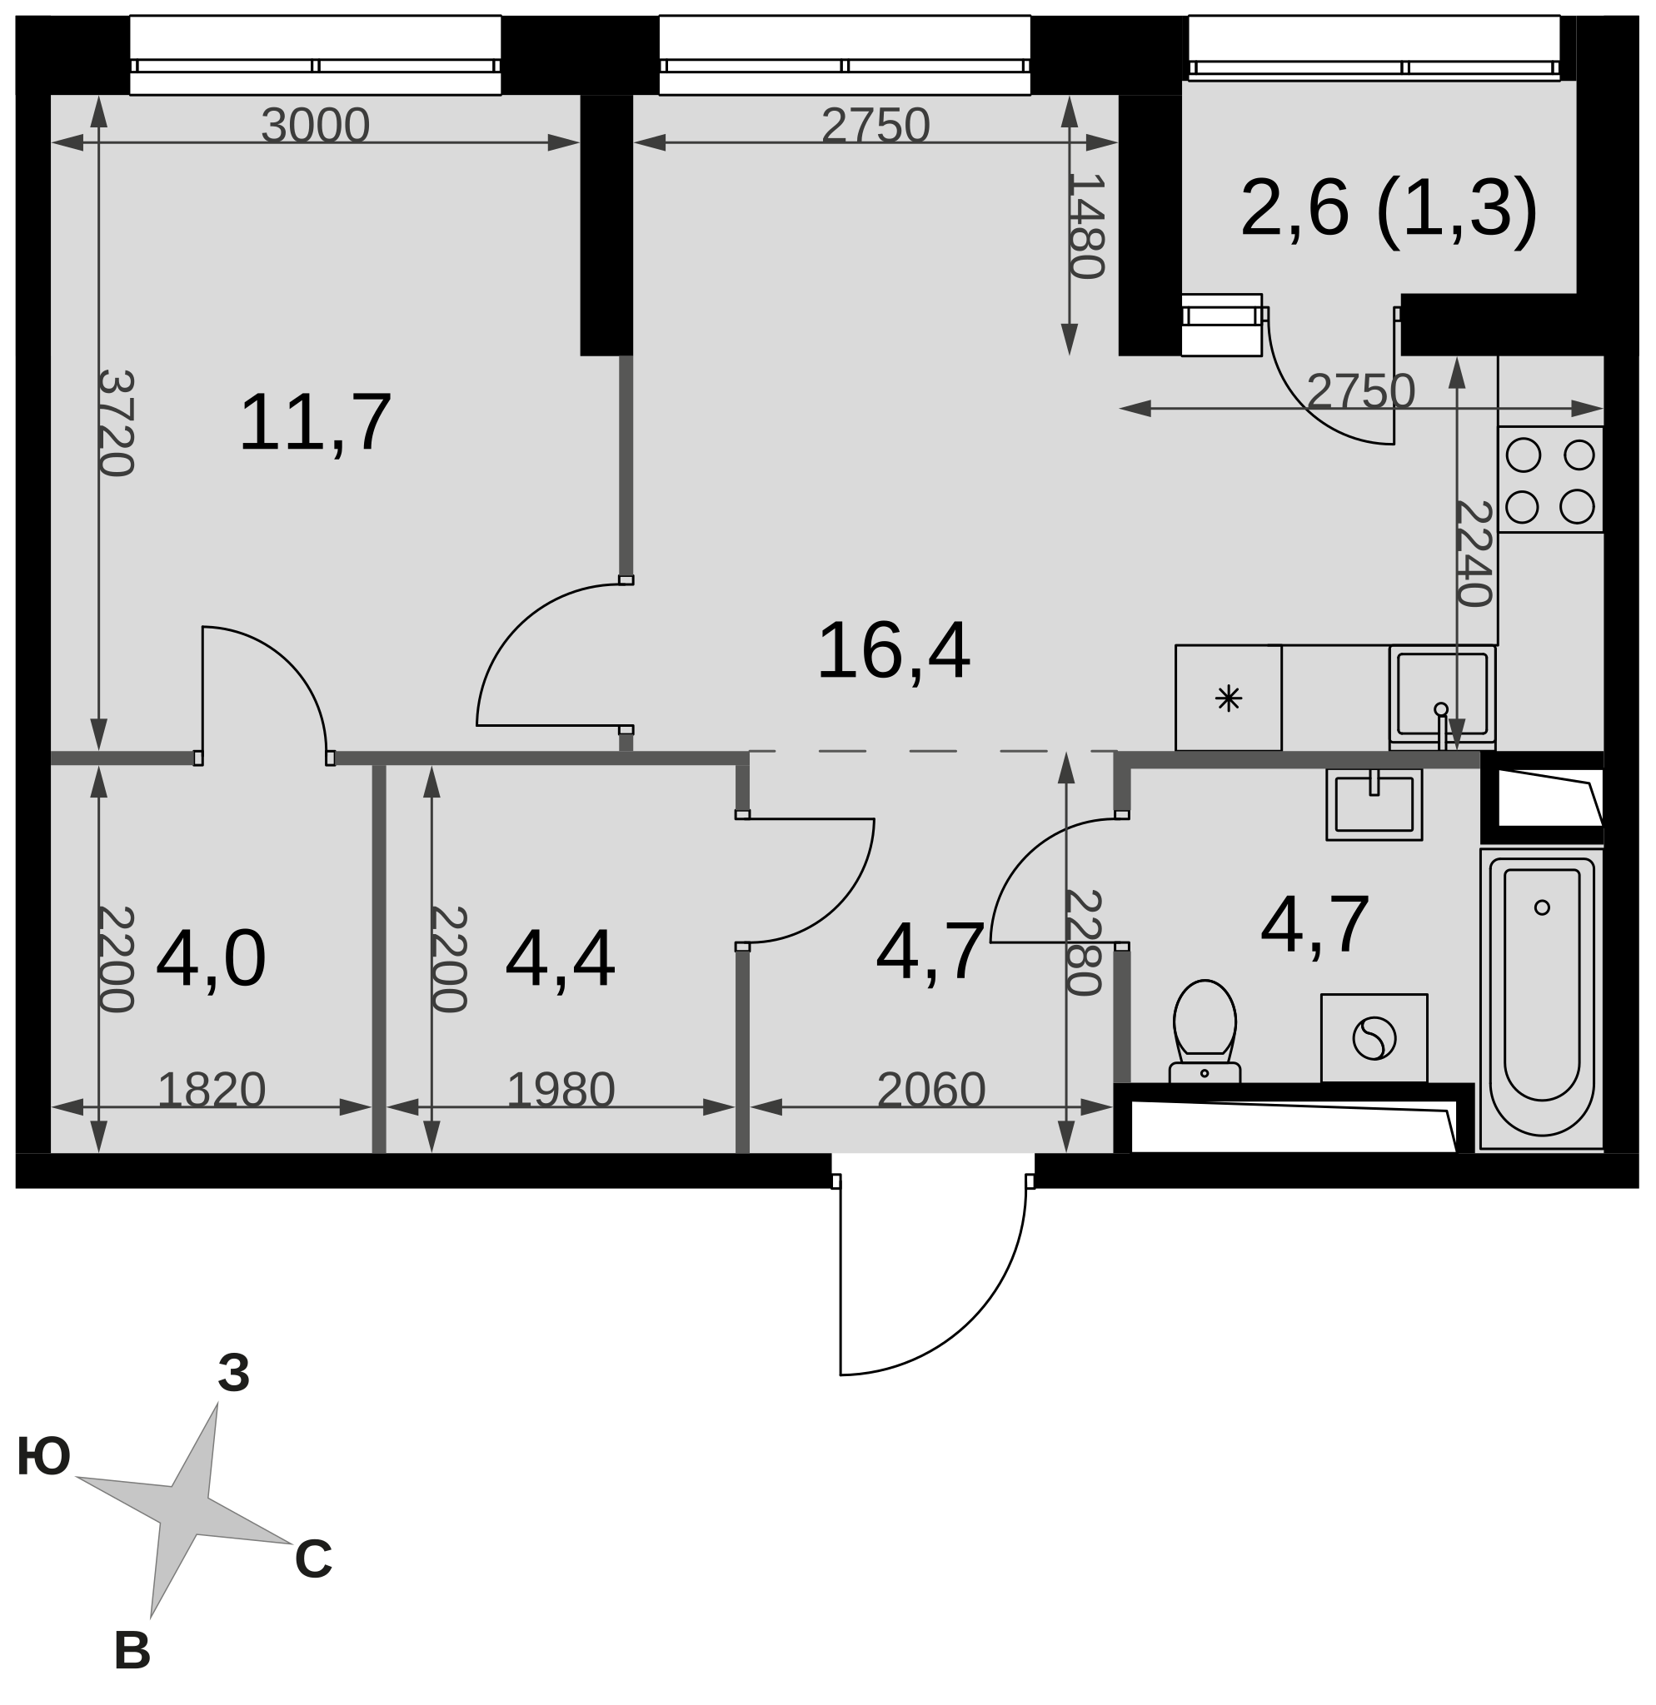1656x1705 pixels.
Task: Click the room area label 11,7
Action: point(315,424)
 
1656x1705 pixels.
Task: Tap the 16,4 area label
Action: point(894,652)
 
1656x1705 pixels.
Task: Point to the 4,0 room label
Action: point(211,960)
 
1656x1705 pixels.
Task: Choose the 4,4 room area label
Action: point(561,960)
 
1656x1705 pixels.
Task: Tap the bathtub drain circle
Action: point(1542,907)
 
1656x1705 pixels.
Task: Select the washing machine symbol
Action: point(1374,1039)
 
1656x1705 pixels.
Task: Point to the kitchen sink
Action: point(1442,697)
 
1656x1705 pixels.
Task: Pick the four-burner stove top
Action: point(1550,480)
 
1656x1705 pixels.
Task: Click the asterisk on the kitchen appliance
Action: point(1229,698)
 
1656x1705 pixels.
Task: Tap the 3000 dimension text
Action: point(315,127)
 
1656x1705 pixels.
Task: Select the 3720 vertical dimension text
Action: point(117,424)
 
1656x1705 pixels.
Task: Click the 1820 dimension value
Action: point(212,1090)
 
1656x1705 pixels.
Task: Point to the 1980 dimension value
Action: point(561,1090)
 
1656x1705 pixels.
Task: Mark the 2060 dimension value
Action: point(931,1090)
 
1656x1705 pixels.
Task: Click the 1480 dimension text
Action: point(1087,226)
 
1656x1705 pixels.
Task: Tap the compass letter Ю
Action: point(43,1457)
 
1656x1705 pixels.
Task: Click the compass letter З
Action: point(233,1374)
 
